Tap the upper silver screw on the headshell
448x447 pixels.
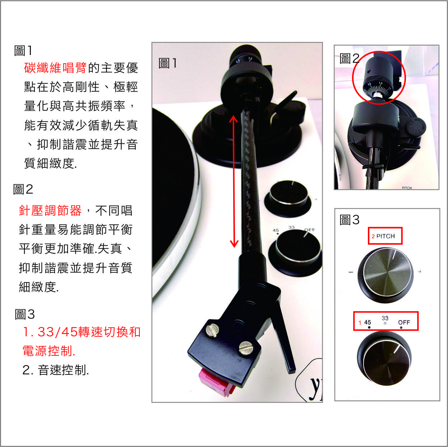coord(212,331)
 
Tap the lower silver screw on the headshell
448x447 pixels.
coord(246,349)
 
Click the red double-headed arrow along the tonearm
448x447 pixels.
coord(234,181)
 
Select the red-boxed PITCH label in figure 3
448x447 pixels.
coord(385,236)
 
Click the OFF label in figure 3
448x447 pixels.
coord(404,322)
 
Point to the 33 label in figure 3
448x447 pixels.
coord(385,318)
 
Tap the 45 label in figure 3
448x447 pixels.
coord(367,322)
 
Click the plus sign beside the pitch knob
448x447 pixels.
coord(420,271)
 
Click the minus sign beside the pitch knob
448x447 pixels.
coord(351,272)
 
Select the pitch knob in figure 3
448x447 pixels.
coord(385,275)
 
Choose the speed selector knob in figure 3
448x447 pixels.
coord(384,358)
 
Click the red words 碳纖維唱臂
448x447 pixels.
coord(55,68)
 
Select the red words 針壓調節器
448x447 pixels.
coord(50,210)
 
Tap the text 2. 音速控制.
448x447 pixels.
coord(56,370)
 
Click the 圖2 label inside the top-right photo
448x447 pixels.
coord(350,58)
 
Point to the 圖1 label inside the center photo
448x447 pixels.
coord(168,63)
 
